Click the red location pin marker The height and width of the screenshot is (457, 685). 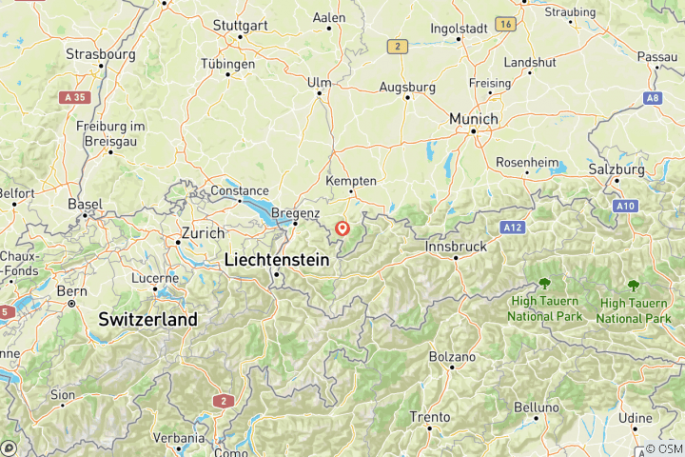pos(342,228)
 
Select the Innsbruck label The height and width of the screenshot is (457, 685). pos(458,245)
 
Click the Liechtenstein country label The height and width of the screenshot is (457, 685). pos(276,259)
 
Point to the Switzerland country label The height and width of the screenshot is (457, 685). pos(147,319)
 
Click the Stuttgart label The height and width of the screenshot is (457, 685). pos(238,26)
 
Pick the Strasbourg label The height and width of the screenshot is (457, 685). pos(100,54)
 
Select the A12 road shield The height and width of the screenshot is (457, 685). pos(513,228)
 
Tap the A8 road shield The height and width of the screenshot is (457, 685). pos(652,97)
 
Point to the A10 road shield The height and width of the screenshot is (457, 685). pos(625,206)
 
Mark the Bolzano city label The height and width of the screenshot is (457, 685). pos(451,357)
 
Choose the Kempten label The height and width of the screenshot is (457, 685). pos(351,181)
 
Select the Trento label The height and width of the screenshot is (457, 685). pos(429,416)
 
